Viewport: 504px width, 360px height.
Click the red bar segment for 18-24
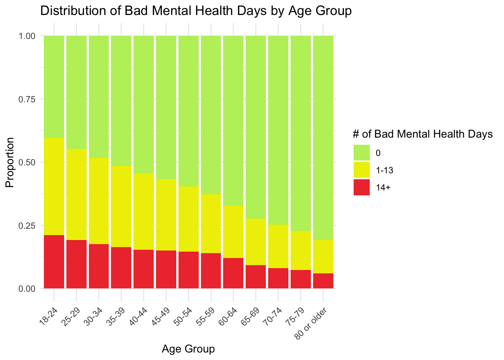[54, 262]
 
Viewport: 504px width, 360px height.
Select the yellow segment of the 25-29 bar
[76, 195]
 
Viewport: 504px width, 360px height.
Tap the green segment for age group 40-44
[144, 105]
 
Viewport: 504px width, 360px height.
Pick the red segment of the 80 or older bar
[323, 281]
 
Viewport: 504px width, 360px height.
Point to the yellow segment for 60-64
[233, 232]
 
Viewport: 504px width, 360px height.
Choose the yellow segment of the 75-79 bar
[301, 250]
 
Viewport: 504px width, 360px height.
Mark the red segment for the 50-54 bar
[189, 270]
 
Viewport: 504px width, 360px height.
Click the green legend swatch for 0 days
[361, 153]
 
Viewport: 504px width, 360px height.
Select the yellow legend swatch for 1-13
[361, 170]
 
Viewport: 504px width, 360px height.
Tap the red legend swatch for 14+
[361, 187]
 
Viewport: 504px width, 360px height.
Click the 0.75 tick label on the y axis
[27, 99]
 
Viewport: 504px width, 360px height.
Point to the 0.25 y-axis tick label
[27, 226]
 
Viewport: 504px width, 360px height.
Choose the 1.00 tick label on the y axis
[27, 36]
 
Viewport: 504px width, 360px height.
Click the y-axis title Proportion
[10, 162]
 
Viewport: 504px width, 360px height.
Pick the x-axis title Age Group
[188, 349]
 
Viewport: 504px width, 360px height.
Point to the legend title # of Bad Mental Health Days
[423, 134]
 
